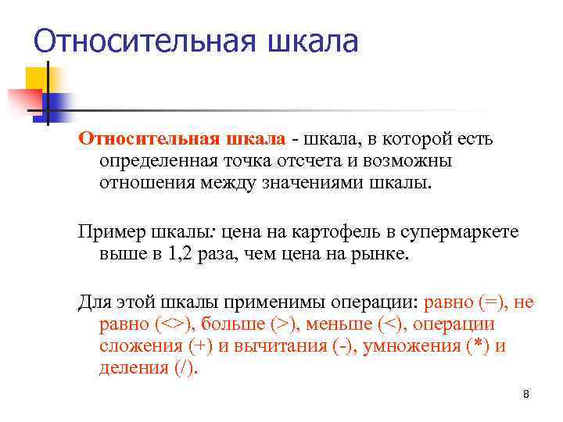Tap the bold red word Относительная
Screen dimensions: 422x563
point(138,139)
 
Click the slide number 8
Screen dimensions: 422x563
point(526,394)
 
